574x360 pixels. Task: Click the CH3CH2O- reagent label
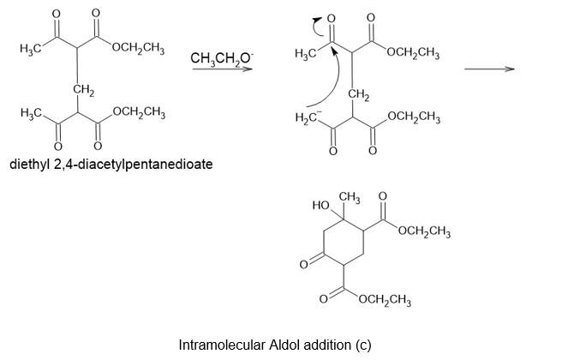[221, 58]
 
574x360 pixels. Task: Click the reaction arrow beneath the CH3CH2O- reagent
[223, 69]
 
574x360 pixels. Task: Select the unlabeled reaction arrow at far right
[489, 69]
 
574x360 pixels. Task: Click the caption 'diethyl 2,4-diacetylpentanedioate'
[111, 164]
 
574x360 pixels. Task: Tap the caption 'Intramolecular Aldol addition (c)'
[275, 345]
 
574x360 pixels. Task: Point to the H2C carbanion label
[308, 117]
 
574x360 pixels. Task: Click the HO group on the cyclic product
[321, 205]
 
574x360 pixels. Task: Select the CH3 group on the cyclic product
[350, 198]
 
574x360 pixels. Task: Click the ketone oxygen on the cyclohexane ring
[303, 264]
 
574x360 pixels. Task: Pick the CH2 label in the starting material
[83, 89]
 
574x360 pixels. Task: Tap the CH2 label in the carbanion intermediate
[359, 95]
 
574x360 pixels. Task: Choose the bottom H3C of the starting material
[31, 112]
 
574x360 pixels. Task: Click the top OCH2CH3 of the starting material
[139, 48]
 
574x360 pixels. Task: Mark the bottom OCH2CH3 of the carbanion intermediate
[414, 117]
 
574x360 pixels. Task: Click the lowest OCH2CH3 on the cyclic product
[385, 301]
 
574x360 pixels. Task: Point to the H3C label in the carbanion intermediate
[305, 54]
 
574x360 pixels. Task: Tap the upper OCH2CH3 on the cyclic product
[424, 232]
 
